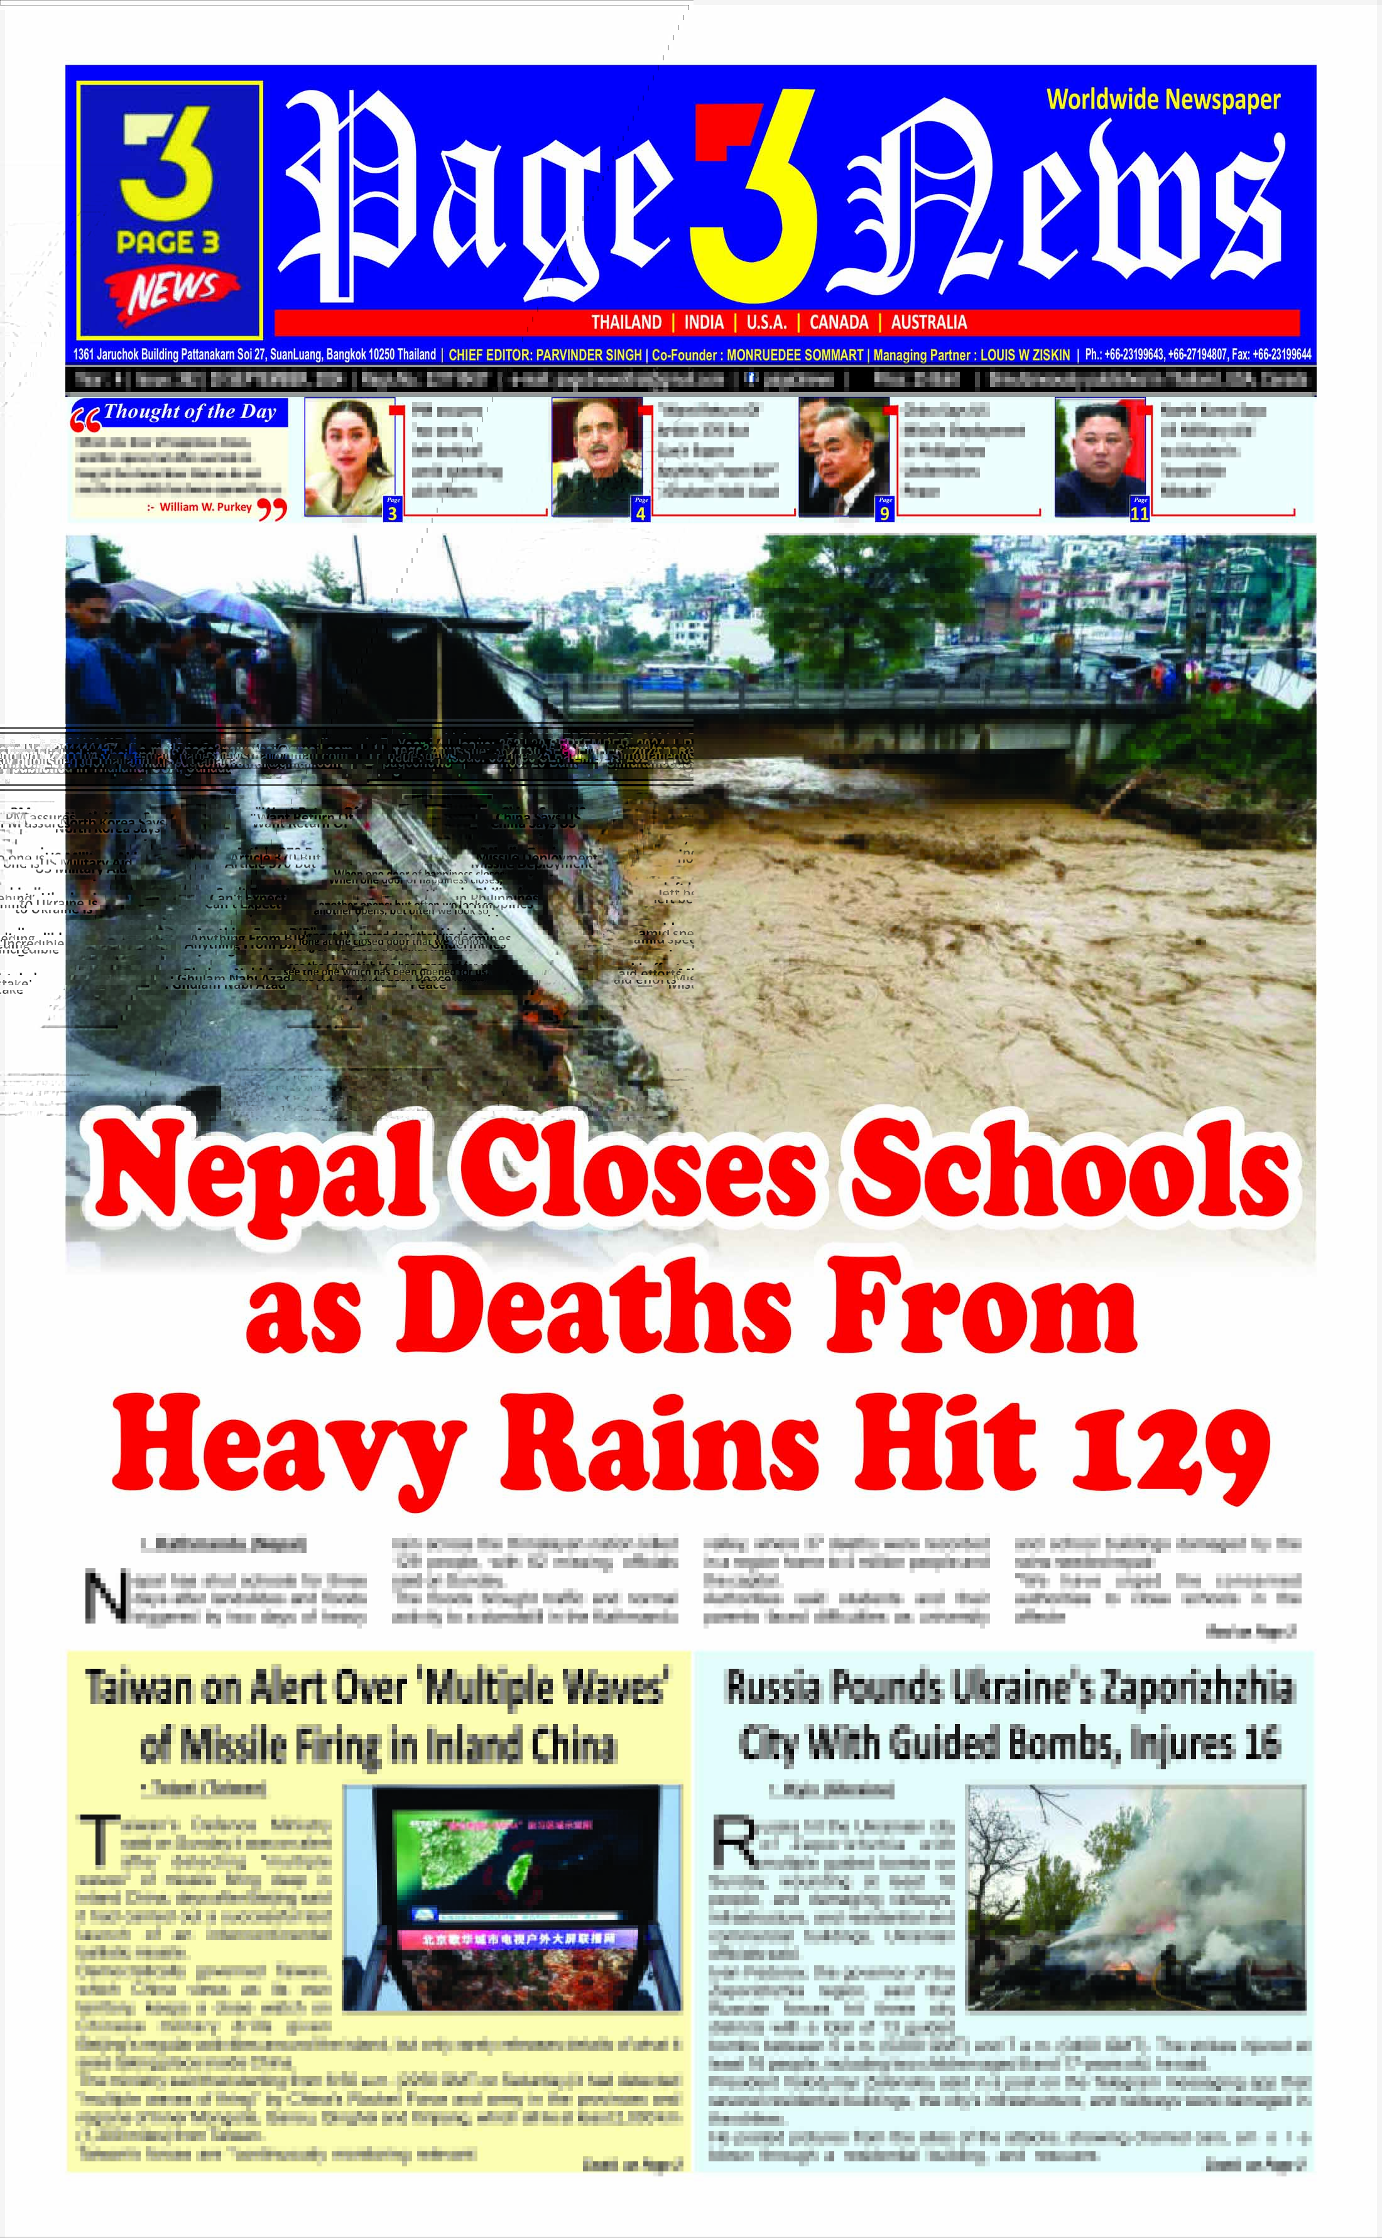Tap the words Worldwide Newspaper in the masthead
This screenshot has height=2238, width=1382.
[1163, 100]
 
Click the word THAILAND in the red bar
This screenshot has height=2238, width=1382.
[626, 322]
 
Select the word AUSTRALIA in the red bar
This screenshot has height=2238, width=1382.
[928, 322]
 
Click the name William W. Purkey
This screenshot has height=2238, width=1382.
[205, 506]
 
